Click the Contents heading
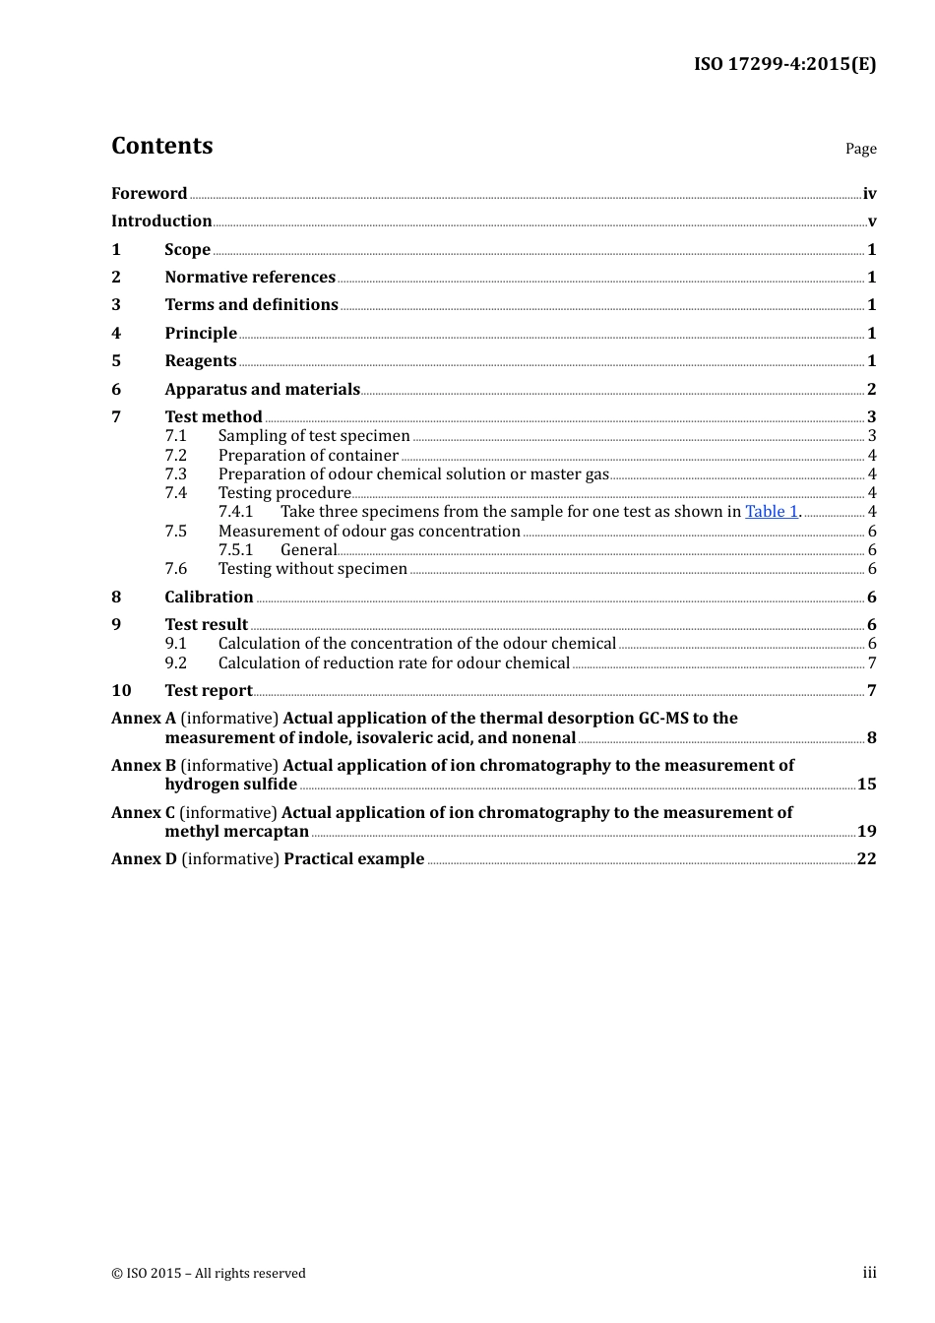pos(161,146)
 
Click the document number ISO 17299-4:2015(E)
pos(784,64)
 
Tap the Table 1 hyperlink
pos(772,511)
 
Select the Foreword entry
pos(149,193)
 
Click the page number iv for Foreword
pos(869,193)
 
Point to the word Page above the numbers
pos(860,149)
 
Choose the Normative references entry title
pos(250,277)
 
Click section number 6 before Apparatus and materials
pos(116,389)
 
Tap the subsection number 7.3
pos(175,473)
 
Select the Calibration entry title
pos(209,597)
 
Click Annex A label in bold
pos(144,718)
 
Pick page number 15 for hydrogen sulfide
pos(866,784)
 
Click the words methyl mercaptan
pos(236,831)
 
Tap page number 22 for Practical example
pos(866,858)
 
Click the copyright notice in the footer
pos(209,1273)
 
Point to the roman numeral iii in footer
pos(869,1272)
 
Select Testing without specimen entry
pos(312,568)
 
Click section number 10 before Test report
pos(121,690)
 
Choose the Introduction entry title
pos(161,220)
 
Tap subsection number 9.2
pos(175,662)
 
